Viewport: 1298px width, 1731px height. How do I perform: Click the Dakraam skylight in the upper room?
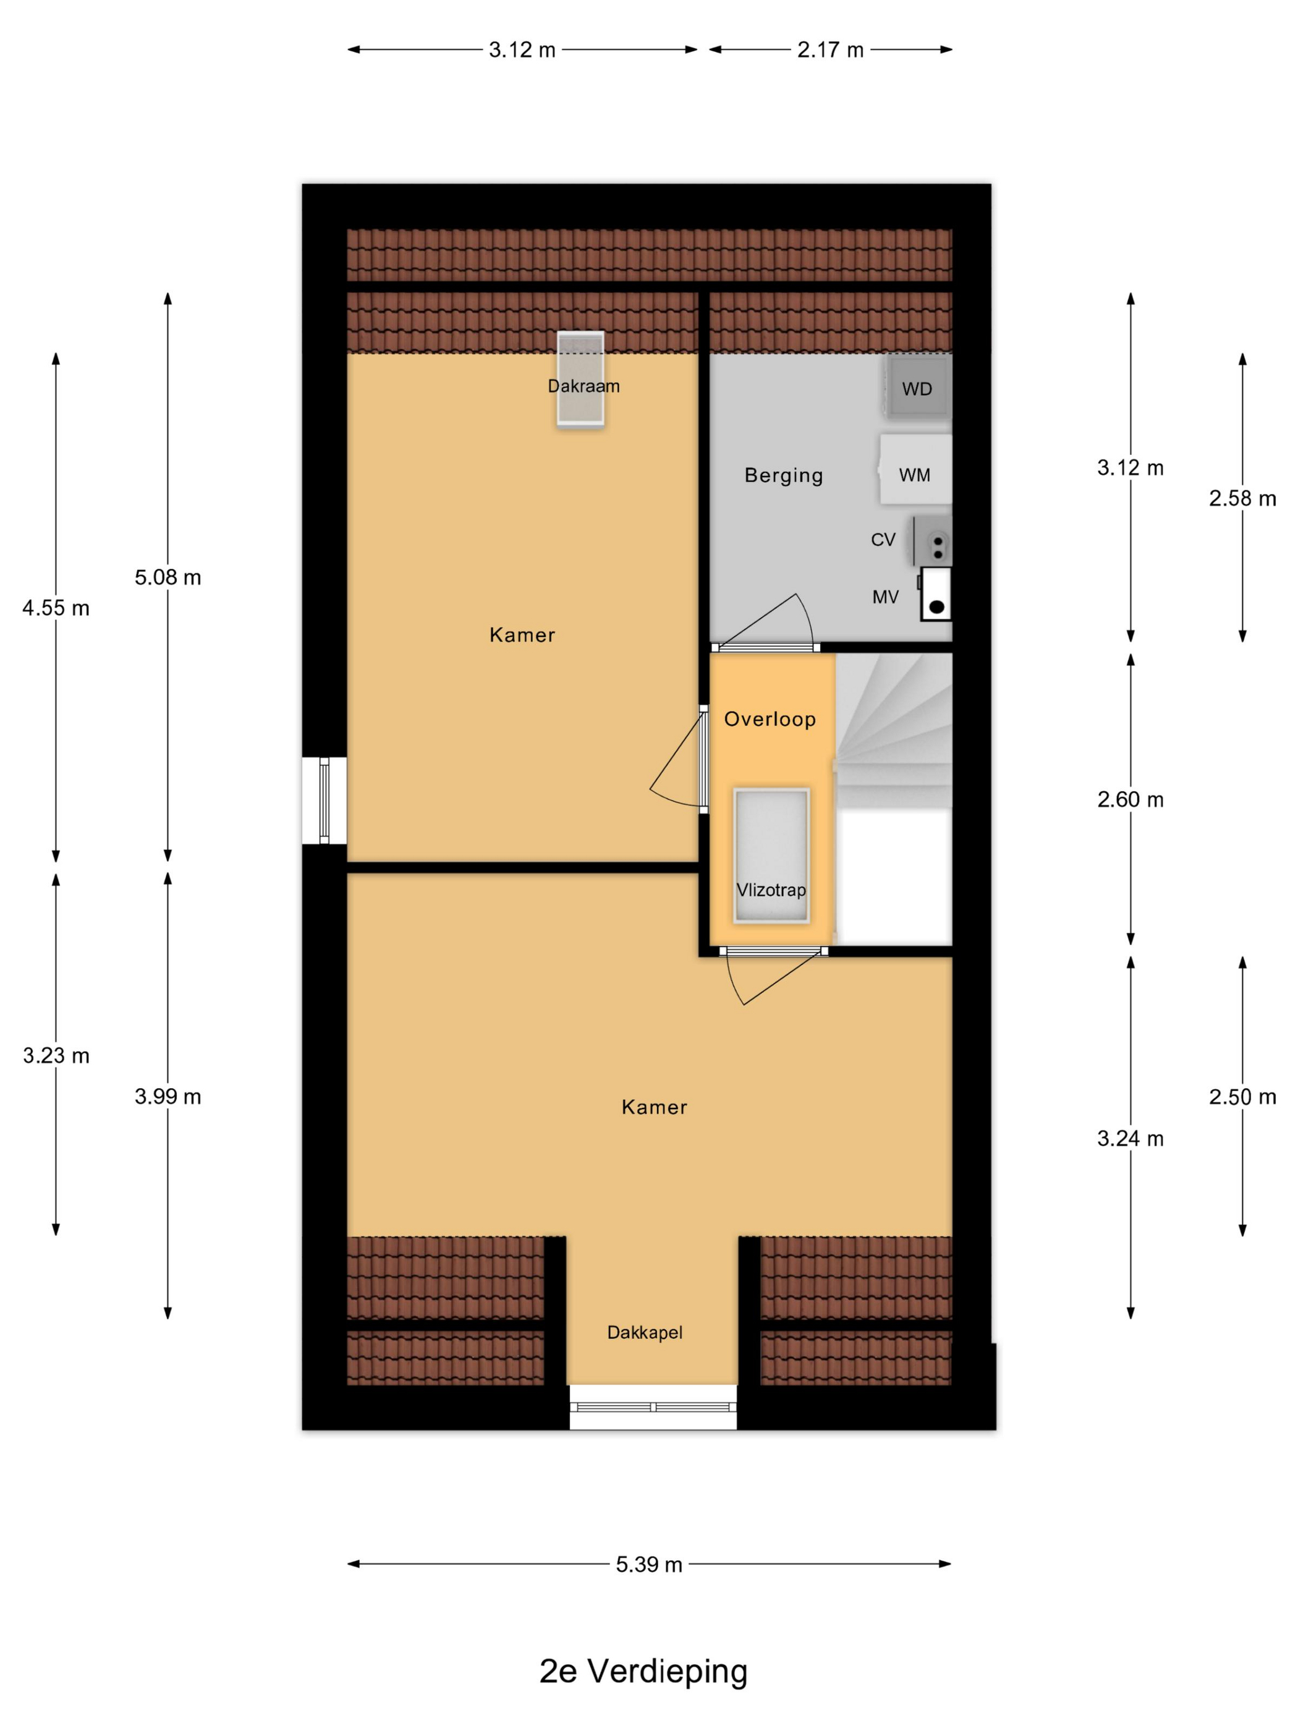[x=580, y=379]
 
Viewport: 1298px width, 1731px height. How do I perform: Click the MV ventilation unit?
[x=936, y=595]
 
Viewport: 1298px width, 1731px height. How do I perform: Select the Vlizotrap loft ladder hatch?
[x=771, y=856]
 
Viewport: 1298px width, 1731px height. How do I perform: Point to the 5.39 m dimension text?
[x=648, y=1564]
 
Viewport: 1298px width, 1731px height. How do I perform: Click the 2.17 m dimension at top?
[x=830, y=50]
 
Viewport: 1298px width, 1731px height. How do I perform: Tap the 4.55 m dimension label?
[x=56, y=608]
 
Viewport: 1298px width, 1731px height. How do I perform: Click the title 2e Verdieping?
[x=643, y=1671]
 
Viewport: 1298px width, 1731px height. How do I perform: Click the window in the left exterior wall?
[x=324, y=801]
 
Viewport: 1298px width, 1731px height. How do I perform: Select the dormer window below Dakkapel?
[x=653, y=1407]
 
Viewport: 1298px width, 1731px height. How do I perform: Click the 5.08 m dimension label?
[x=168, y=577]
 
